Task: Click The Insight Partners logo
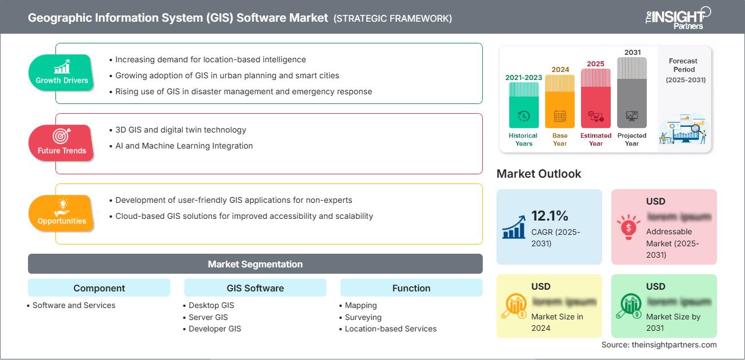[677, 17]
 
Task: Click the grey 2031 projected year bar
[632, 94]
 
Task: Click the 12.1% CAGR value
[550, 215]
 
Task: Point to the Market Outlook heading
[539, 174]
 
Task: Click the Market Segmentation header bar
[255, 264]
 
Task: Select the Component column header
[99, 288]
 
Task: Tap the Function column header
[411, 288]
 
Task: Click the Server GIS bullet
[208, 317]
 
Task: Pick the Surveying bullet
[363, 317]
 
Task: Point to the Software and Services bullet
[74, 305]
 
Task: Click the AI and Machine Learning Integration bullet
[183, 146]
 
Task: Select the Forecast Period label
[684, 70]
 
